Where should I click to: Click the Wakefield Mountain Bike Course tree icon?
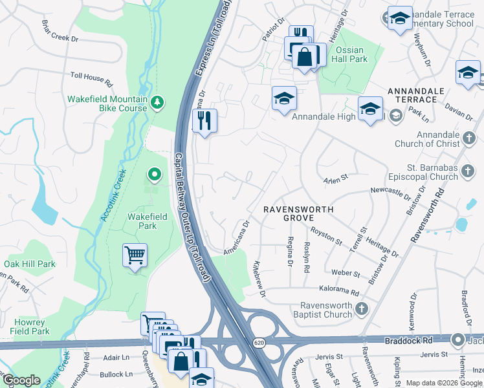(x=156, y=102)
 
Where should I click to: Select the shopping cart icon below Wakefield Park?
(x=135, y=257)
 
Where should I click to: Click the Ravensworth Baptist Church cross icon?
(x=362, y=310)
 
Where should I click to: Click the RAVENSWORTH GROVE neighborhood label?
(x=298, y=214)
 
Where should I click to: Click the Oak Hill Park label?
(x=30, y=264)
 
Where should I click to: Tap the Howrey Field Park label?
(x=30, y=327)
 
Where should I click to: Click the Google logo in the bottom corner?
(x=22, y=380)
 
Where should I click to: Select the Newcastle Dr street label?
(x=390, y=192)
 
